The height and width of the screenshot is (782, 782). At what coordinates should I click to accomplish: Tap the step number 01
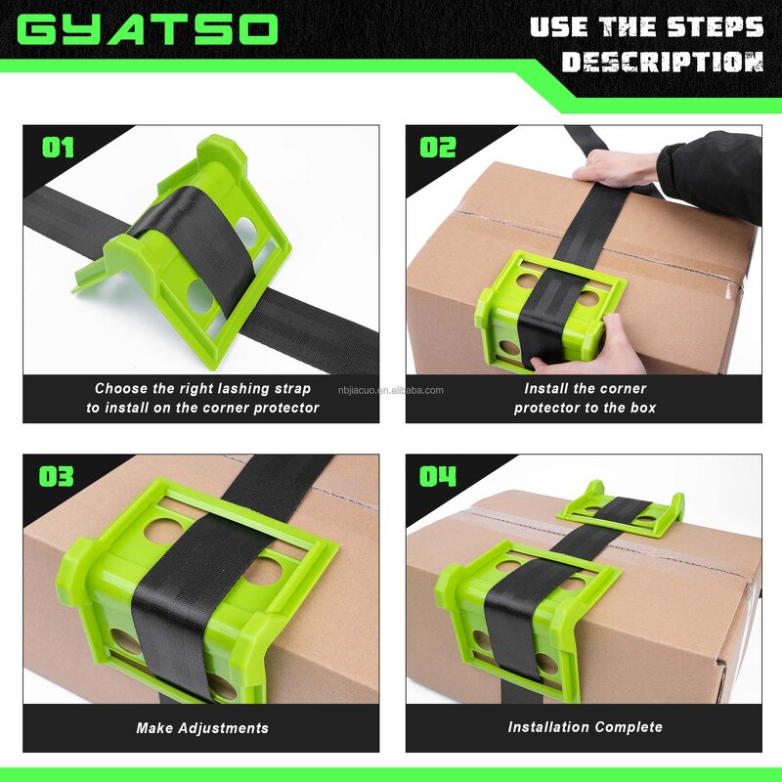point(58,148)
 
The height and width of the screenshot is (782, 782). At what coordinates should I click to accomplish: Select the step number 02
point(438,148)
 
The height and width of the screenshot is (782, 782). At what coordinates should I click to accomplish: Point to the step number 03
point(58,477)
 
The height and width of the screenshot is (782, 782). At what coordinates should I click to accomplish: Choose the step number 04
point(438,477)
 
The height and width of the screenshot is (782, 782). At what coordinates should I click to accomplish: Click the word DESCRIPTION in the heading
point(662,63)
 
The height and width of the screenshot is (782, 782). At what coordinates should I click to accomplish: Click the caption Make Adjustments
point(202,727)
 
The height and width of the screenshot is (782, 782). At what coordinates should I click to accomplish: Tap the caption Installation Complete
point(585,727)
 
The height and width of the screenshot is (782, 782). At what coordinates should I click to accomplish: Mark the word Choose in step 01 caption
point(121,388)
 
